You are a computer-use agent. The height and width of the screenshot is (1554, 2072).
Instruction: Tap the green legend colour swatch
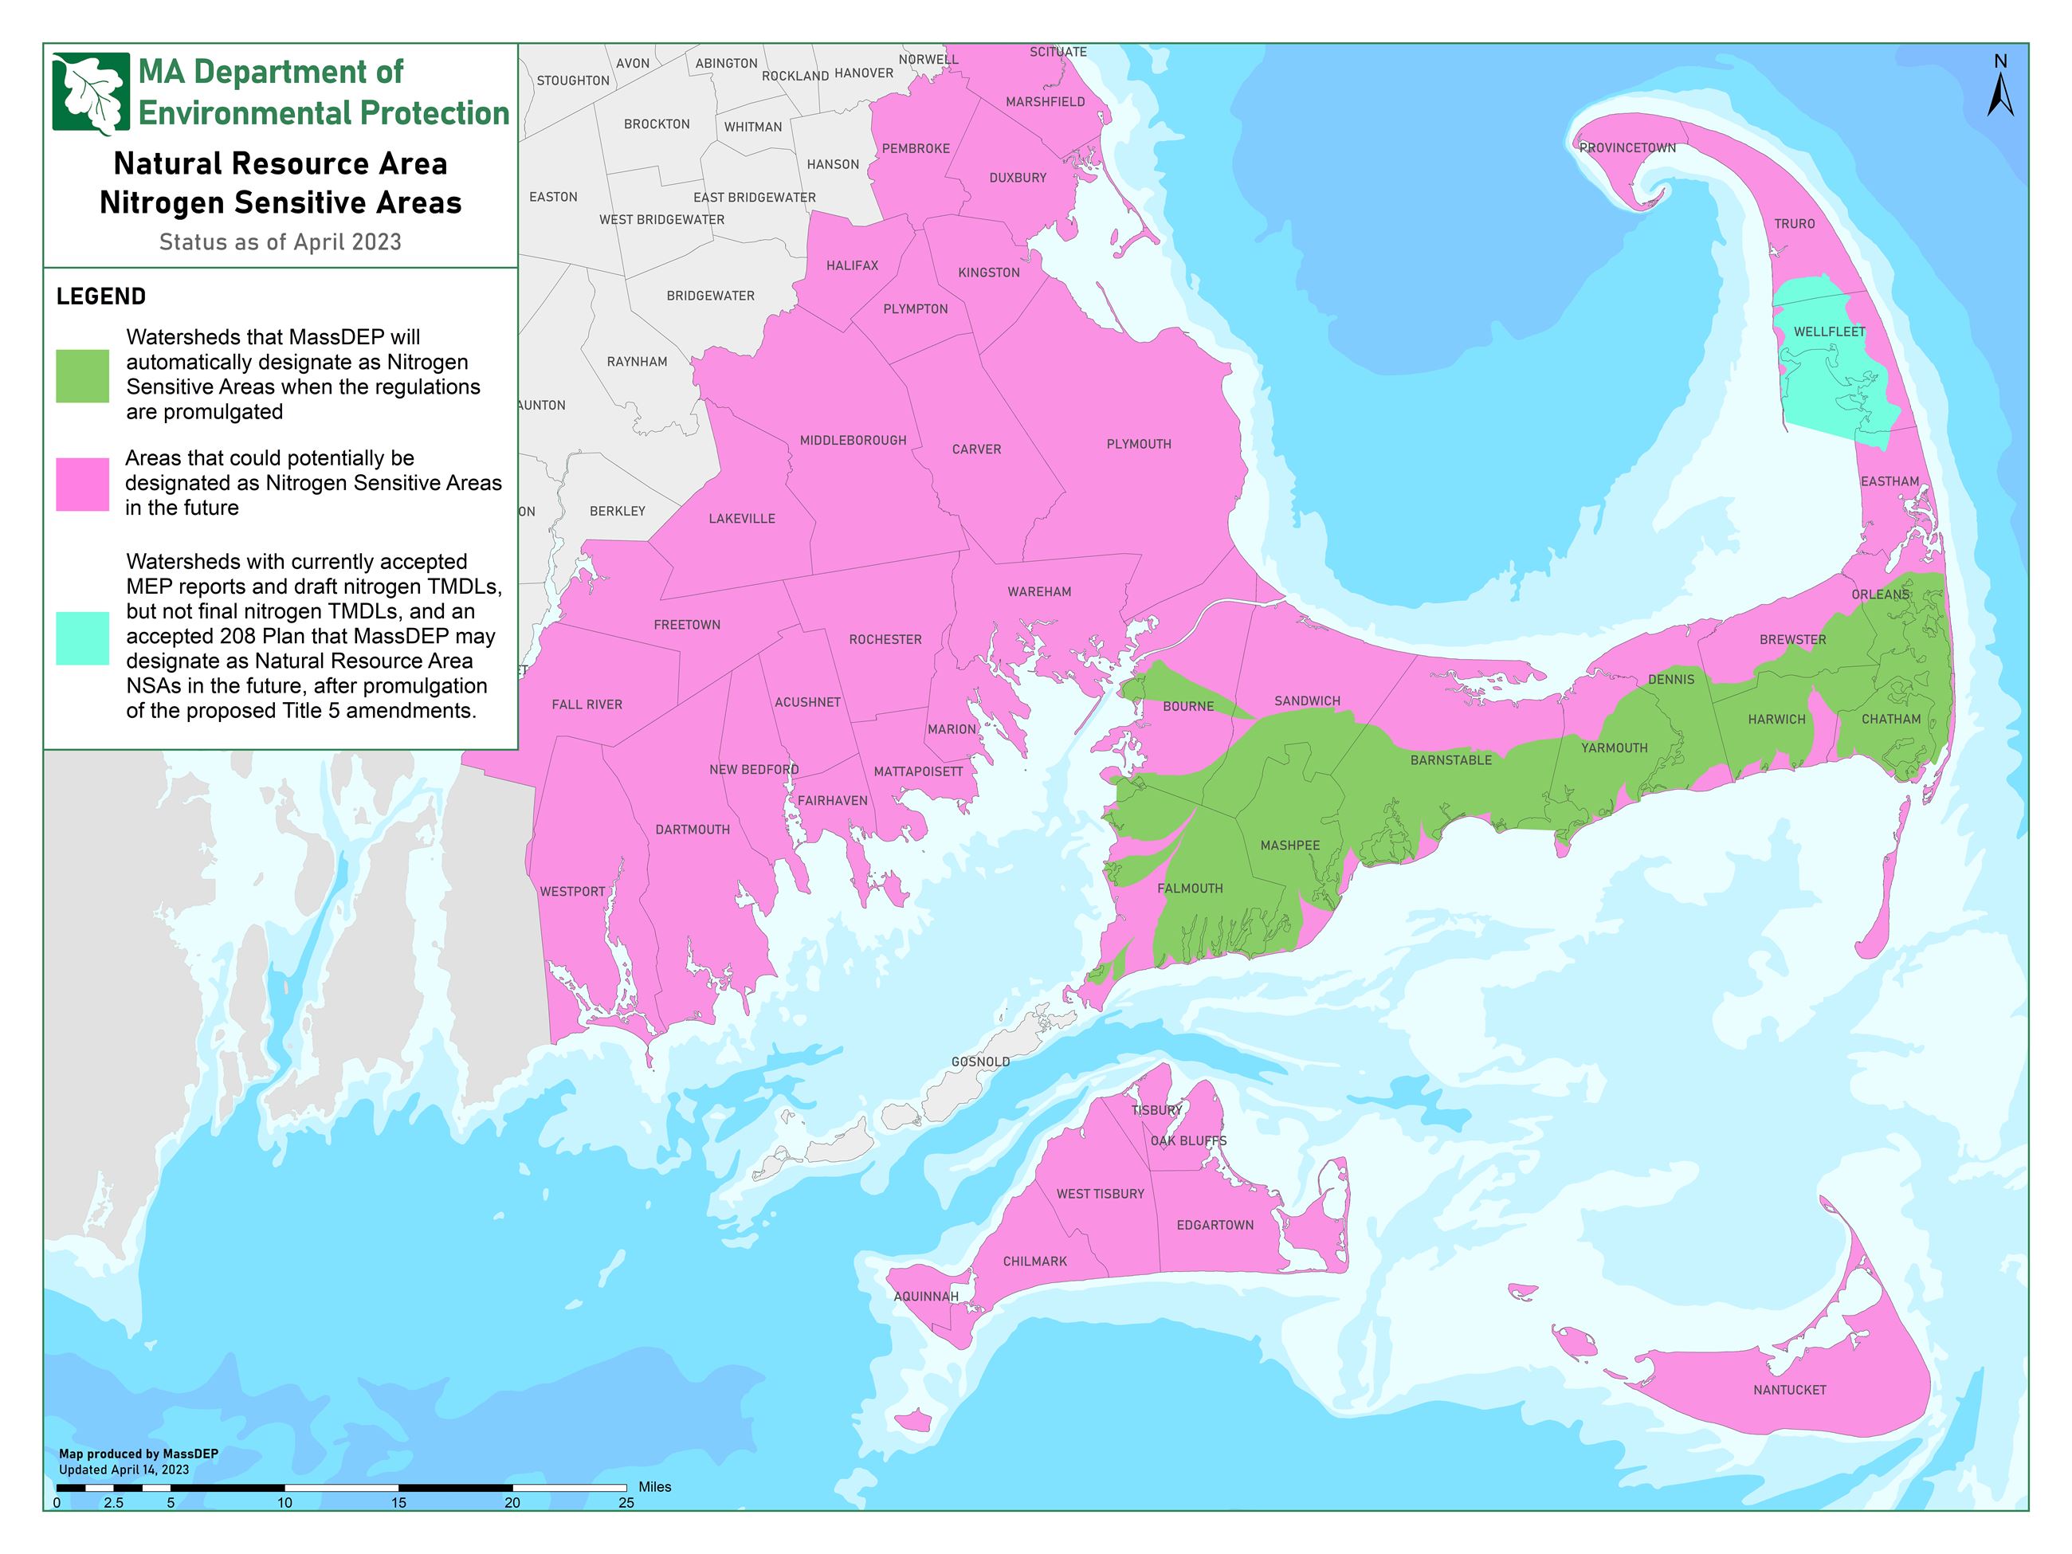(82, 375)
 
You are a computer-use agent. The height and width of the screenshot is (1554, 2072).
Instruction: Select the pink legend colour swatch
(82, 485)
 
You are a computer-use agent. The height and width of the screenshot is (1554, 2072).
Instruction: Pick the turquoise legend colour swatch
(82, 638)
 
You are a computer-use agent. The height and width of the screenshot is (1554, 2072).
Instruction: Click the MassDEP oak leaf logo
(91, 92)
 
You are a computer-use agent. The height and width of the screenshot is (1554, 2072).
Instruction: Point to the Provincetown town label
(1627, 148)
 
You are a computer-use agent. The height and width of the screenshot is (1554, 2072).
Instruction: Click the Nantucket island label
(1789, 1390)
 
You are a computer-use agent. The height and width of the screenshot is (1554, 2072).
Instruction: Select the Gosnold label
(979, 1062)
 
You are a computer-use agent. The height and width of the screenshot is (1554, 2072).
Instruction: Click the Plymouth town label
(1138, 444)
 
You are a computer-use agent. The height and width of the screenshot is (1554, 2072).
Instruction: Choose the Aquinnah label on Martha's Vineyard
(925, 1297)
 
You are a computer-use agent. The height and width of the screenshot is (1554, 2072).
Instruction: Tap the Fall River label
(587, 704)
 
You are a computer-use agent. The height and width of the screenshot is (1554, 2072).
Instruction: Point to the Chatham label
(1890, 720)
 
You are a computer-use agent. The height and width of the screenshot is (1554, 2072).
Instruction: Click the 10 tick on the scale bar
(285, 1502)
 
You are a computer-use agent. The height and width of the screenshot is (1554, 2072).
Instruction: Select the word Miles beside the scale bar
(655, 1486)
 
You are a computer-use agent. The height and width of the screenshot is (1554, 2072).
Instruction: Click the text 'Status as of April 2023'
(280, 241)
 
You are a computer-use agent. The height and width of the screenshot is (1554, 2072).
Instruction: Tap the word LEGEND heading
(101, 297)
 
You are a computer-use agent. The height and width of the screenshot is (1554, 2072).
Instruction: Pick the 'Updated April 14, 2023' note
(124, 1470)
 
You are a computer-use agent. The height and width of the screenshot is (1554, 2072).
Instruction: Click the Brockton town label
(657, 124)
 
